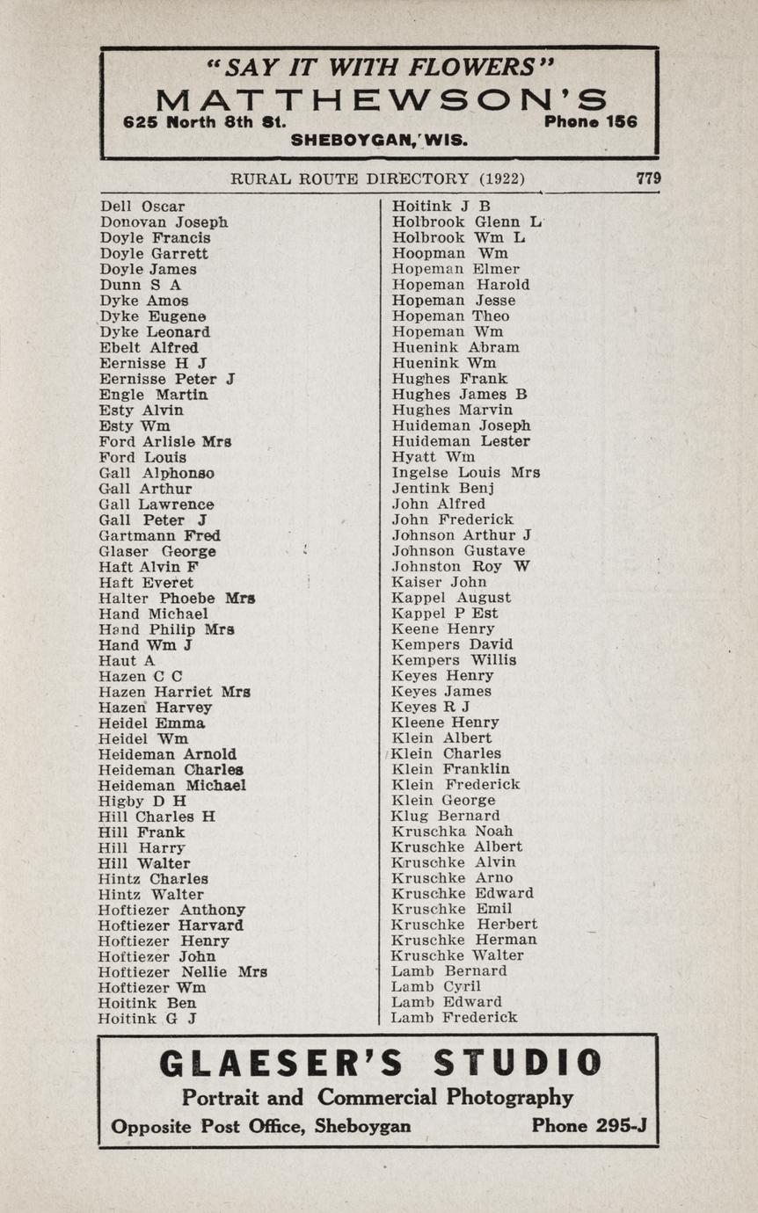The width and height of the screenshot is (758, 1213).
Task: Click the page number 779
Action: click(x=648, y=178)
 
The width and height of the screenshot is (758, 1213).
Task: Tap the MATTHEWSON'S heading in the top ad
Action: click(x=380, y=99)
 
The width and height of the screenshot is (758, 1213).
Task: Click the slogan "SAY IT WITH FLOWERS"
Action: click(x=379, y=67)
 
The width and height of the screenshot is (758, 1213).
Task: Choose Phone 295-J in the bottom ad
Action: click(x=588, y=1127)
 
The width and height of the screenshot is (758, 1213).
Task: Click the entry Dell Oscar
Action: click(x=142, y=207)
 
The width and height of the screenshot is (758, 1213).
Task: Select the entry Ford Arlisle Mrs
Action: click(x=165, y=442)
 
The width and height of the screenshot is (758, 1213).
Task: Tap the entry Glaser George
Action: click(x=157, y=552)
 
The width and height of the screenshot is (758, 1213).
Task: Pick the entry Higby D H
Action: click(x=142, y=801)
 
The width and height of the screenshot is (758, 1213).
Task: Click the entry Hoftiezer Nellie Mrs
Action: click(x=182, y=972)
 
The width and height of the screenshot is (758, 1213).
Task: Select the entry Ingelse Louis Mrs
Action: click(x=465, y=473)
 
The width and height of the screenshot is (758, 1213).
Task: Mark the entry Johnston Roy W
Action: click(x=461, y=567)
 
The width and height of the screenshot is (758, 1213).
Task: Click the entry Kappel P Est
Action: click(x=444, y=614)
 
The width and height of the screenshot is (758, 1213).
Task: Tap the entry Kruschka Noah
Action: click(x=452, y=832)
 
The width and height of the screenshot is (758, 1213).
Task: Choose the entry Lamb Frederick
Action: click(x=454, y=1018)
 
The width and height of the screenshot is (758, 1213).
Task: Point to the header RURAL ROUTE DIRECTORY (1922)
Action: click(x=377, y=179)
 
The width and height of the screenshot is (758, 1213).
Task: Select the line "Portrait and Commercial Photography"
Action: click(x=377, y=1098)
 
